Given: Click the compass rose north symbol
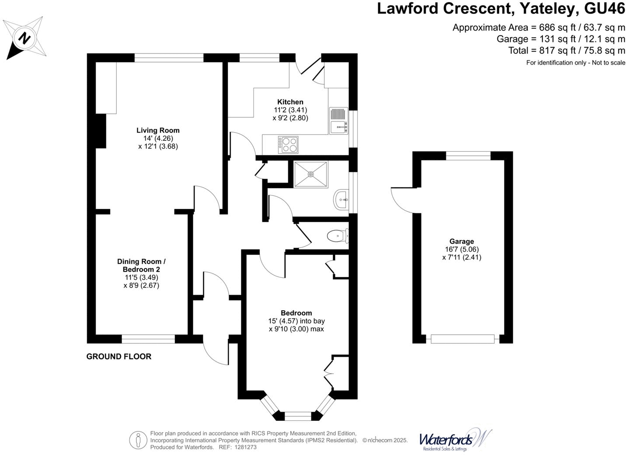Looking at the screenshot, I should (x=25, y=38).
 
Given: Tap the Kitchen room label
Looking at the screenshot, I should (x=290, y=102).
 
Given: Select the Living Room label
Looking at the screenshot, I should (x=158, y=130).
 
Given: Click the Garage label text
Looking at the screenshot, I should (x=462, y=241).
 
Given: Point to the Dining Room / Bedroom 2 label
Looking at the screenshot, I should (x=141, y=266).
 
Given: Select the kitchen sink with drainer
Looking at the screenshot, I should (x=338, y=121).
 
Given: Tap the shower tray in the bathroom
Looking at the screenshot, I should (x=311, y=174).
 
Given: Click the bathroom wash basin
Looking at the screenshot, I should (x=341, y=200).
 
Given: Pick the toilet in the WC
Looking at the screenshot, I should (x=337, y=236).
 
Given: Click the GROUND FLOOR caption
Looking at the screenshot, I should (x=119, y=357).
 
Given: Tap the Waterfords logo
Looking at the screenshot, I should (x=455, y=439).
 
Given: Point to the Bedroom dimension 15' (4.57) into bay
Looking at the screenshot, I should (x=296, y=321).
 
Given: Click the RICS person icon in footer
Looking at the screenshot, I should (x=138, y=440).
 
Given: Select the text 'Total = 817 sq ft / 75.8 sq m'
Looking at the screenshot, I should (x=567, y=51).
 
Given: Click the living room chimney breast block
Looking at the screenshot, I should (x=101, y=131).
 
